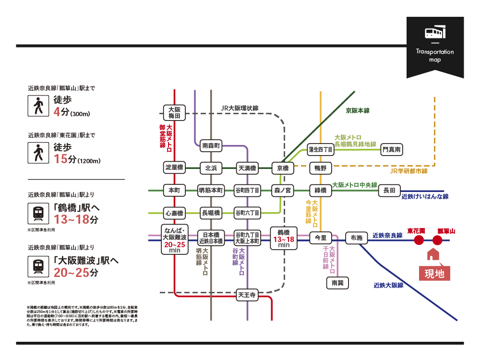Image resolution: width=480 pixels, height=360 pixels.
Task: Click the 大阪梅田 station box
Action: [x=174, y=113]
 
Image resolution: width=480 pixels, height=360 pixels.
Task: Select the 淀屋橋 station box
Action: [x=174, y=168]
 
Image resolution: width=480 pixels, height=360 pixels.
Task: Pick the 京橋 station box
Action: [x=283, y=168]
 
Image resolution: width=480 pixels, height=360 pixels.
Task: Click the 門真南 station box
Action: [x=392, y=150]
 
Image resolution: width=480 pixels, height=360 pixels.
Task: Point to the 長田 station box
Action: [x=389, y=191]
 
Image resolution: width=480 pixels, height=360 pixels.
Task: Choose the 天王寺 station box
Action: [x=247, y=295]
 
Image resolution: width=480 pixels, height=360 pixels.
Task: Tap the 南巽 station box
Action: [x=337, y=283]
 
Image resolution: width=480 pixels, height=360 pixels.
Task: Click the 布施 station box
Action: [x=357, y=237]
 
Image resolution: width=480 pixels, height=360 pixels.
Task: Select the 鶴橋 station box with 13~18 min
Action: [x=283, y=238]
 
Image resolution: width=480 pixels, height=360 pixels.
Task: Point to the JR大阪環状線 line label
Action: [x=240, y=108]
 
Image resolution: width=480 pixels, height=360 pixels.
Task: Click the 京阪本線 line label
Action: [x=358, y=110]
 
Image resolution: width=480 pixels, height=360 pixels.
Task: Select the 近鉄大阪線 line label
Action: [x=388, y=285]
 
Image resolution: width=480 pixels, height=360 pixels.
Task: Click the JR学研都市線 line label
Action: [x=409, y=171]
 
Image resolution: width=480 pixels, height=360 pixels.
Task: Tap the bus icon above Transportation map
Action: [x=435, y=33]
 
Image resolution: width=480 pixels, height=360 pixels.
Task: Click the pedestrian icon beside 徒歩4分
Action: [x=37, y=106]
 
